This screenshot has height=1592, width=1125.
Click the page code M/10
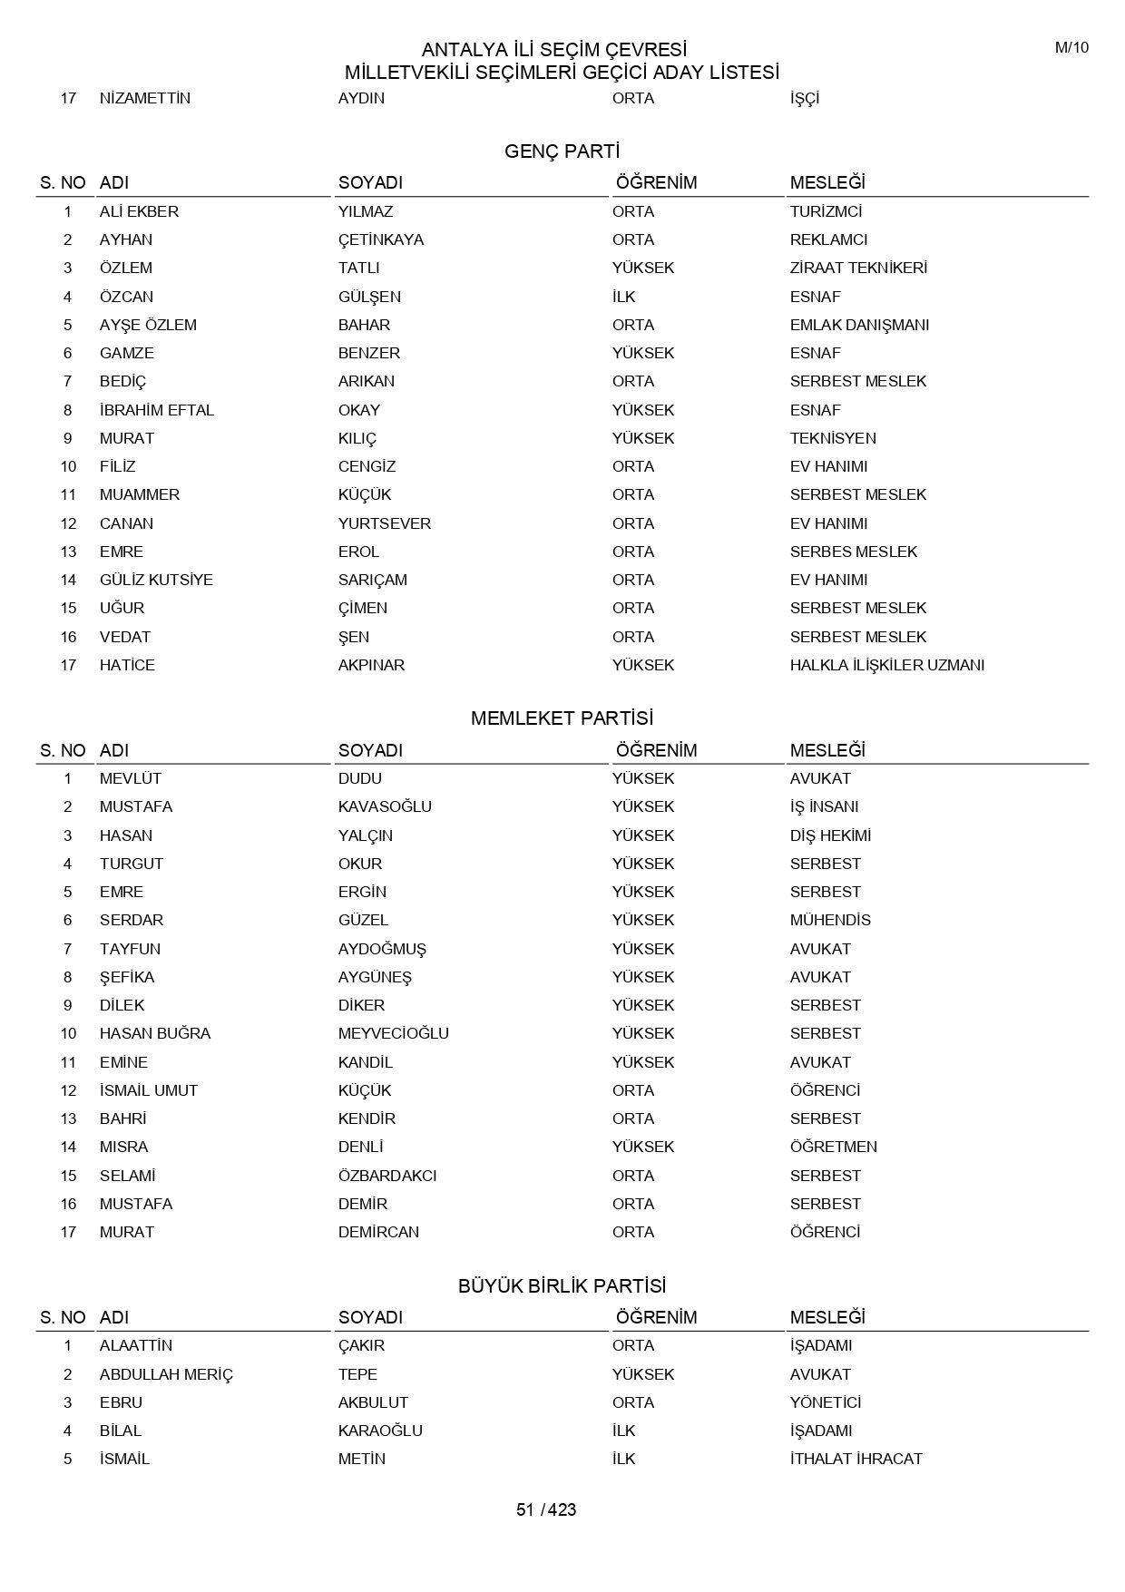[1071, 48]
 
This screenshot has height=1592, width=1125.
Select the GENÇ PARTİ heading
[562, 151]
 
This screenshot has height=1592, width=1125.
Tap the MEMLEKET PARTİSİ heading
[562, 718]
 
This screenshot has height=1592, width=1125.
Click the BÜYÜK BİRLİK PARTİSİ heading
[562, 1285]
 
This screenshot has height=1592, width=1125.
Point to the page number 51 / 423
[546, 1509]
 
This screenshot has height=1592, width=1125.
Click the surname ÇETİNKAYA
[381, 239]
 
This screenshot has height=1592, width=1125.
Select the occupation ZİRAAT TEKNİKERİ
[858, 268]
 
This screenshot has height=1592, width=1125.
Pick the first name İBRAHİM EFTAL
[157, 410]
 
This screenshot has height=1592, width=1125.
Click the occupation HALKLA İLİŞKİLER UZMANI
[886, 665]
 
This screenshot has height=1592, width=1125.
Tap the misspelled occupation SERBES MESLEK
[853, 552]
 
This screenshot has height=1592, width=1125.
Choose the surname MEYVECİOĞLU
[393, 1033]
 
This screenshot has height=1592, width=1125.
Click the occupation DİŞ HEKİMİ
[830, 835]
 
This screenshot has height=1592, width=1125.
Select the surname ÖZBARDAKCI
[387, 1176]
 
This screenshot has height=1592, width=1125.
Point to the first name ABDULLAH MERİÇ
[166, 1374]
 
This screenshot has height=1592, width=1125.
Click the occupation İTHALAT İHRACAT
[856, 1459]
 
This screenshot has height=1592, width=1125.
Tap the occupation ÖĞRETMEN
[833, 1147]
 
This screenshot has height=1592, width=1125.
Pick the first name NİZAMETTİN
[145, 98]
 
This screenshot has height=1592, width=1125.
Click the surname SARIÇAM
[372, 580]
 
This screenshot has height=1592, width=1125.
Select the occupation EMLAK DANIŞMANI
[859, 325]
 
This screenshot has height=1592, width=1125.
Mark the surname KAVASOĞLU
[385, 806]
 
